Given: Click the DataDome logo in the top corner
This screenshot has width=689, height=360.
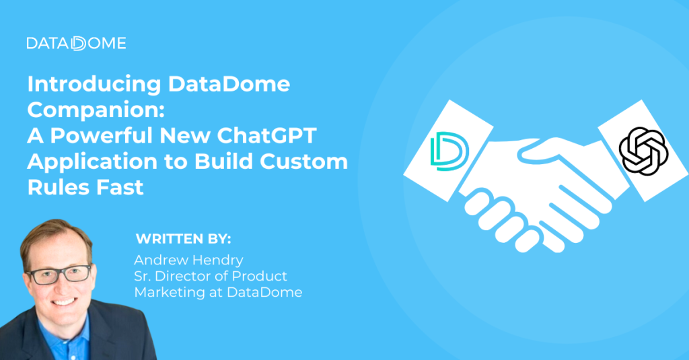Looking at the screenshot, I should point(76,44).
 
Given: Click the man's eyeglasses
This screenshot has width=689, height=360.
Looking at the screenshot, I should point(59,273).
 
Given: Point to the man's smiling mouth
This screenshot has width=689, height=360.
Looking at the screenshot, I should point(64,300).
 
